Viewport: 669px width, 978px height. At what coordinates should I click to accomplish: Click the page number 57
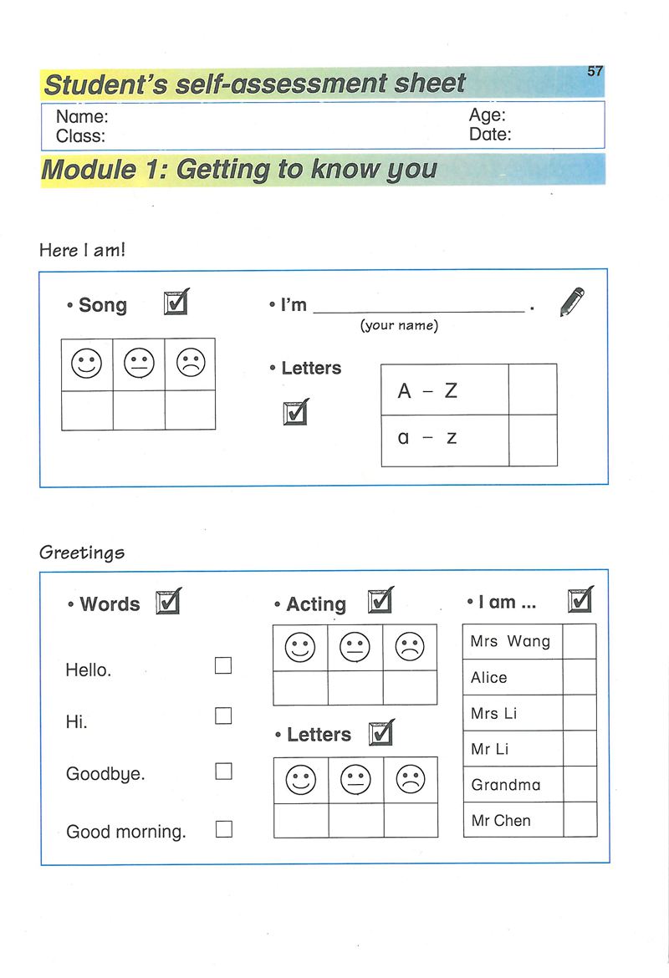tap(595, 71)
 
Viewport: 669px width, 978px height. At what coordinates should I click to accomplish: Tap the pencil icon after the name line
tap(571, 302)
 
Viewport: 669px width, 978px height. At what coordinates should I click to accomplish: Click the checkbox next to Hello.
tap(223, 666)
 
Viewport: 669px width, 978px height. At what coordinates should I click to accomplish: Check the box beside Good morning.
tap(223, 829)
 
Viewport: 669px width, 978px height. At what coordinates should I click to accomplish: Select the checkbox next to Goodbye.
tap(223, 772)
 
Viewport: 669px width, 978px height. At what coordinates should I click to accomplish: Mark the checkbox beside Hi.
tap(223, 716)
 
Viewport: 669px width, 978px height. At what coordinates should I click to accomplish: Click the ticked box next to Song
tap(176, 302)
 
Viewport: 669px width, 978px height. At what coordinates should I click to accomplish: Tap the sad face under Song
tap(190, 364)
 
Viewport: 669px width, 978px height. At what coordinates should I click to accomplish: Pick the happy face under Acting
tap(300, 647)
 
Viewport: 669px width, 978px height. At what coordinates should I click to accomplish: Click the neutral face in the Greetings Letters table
tap(355, 780)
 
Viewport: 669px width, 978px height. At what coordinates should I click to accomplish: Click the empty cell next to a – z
tap(532, 441)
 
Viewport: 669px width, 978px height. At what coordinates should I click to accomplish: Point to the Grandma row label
tap(506, 785)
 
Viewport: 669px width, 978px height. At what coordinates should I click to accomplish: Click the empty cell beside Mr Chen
tap(580, 820)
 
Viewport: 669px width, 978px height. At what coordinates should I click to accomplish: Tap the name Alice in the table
tap(489, 678)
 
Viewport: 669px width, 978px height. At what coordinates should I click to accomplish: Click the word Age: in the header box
tap(487, 116)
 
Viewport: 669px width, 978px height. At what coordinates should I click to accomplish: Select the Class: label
tap(80, 135)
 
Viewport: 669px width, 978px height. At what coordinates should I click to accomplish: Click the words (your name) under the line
tap(399, 326)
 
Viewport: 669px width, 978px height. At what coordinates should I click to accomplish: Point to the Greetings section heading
tap(82, 553)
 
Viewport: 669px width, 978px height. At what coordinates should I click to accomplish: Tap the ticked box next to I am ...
tap(580, 600)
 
